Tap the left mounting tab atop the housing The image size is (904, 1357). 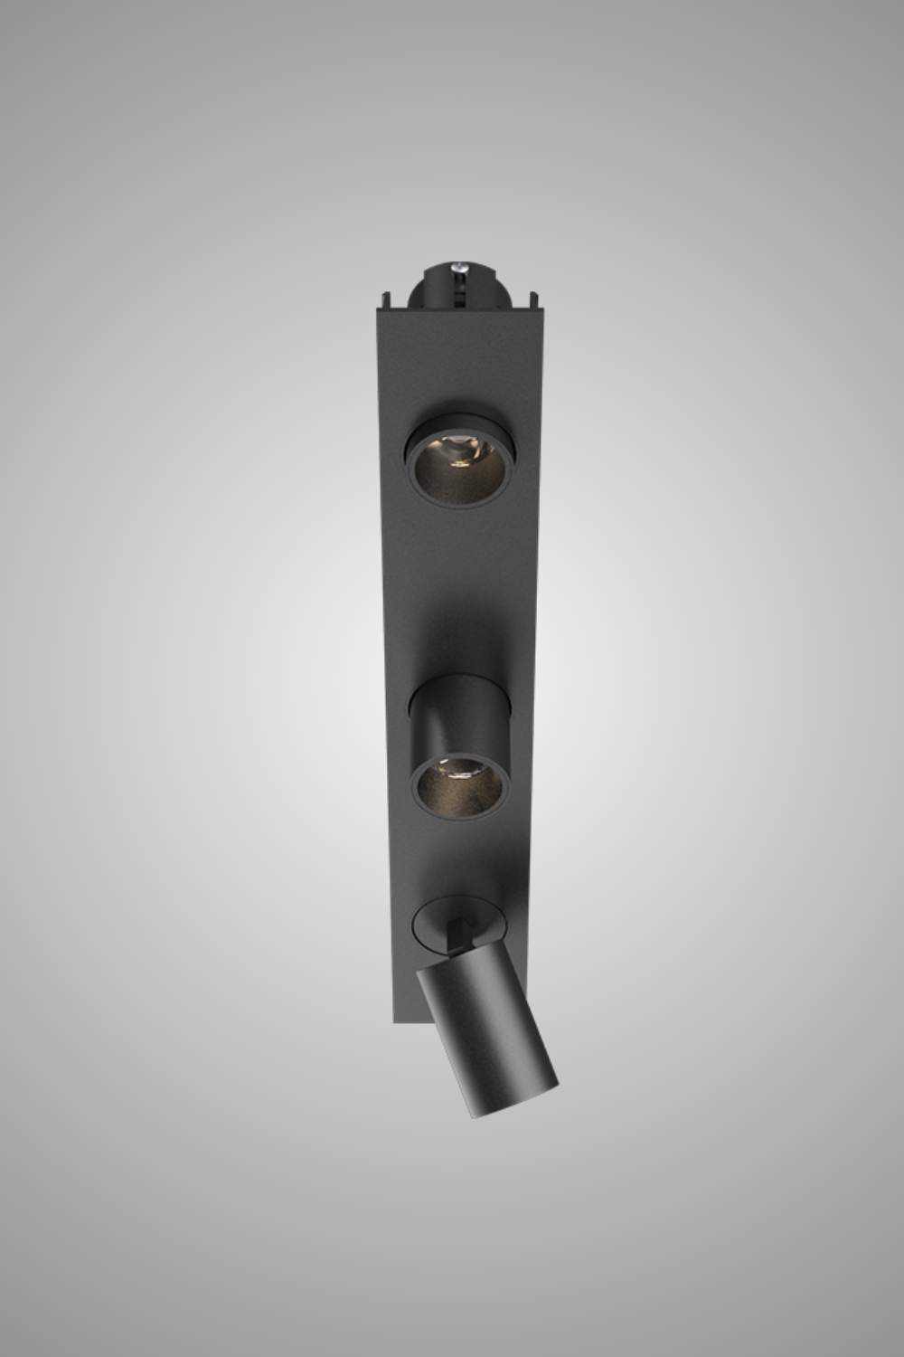point(387,299)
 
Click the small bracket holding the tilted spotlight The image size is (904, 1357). point(458,932)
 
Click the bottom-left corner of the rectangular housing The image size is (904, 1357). point(395,1020)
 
